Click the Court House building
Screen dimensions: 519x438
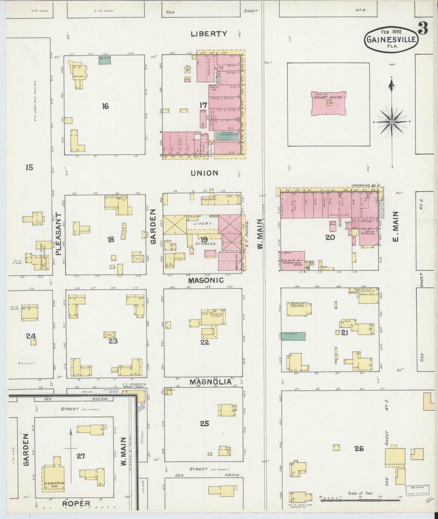(x=328, y=104)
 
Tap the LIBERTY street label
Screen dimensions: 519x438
(x=209, y=34)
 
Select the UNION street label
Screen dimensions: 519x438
(x=204, y=173)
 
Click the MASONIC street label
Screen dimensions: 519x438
(x=206, y=280)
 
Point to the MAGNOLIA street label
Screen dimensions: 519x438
(x=211, y=382)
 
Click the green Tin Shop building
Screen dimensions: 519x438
(x=293, y=336)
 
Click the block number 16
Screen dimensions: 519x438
(x=105, y=106)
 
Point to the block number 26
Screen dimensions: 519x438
(x=359, y=448)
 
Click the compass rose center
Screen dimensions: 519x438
(x=392, y=122)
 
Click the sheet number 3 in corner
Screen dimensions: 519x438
(x=423, y=29)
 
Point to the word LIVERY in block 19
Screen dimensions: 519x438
(x=203, y=223)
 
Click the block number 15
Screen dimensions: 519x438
(x=29, y=167)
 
